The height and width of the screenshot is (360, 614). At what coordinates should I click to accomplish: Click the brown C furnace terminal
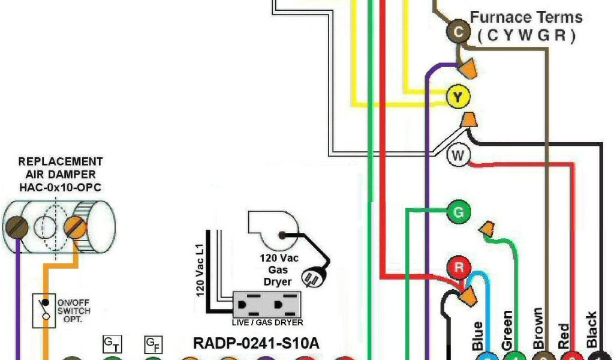click(x=458, y=32)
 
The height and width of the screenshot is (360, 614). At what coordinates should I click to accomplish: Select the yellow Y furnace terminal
click(x=459, y=97)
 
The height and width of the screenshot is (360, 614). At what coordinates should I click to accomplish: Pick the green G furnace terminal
click(x=459, y=212)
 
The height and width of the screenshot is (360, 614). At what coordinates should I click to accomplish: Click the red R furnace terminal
click(x=459, y=268)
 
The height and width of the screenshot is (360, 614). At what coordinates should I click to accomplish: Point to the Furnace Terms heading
click(x=526, y=17)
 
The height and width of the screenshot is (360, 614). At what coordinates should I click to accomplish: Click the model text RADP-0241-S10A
click(x=255, y=344)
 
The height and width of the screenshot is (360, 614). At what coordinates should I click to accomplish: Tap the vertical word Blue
click(x=477, y=336)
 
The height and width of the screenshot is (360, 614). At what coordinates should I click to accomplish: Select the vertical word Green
click(x=507, y=330)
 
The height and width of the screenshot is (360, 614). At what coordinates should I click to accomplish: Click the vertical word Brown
click(x=537, y=329)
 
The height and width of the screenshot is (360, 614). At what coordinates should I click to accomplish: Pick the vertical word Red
click(x=564, y=336)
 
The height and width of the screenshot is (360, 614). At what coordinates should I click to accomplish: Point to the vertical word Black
click(x=591, y=330)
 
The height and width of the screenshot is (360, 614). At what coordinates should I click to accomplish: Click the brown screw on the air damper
click(x=16, y=227)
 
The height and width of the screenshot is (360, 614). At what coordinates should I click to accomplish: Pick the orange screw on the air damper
click(x=76, y=227)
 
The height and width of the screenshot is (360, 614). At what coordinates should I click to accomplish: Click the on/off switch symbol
click(x=41, y=311)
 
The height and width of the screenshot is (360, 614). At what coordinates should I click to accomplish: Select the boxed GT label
click(x=112, y=344)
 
